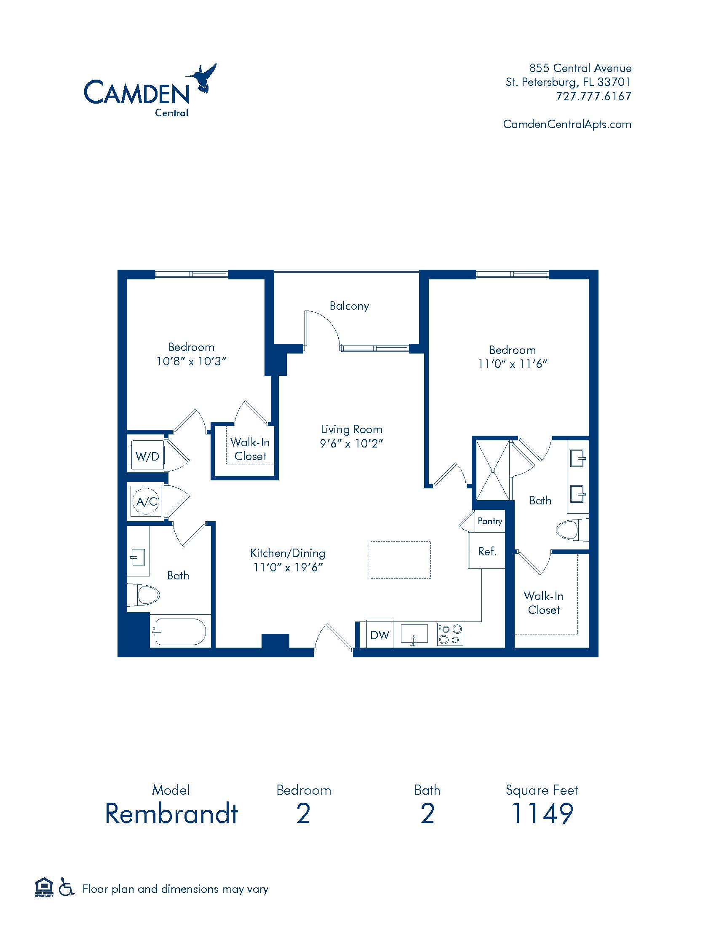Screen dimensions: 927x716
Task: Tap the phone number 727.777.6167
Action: [x=593, y=96]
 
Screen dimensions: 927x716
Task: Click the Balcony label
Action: [x=349, y=306]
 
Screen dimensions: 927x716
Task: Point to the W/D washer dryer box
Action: [x=147, y=456]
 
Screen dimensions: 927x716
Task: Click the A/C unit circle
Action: [x=146, y=502]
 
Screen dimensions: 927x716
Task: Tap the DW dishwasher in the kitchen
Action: [x=379, y=635]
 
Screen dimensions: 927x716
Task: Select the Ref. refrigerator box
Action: [x=487, y=552]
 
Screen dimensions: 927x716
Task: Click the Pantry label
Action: [x=489, y=521]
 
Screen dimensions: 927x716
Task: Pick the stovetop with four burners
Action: [x=450, y=634]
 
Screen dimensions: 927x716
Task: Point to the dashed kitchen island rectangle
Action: [x=400, y=560]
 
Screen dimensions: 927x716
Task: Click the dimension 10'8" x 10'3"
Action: [x=191, y=361]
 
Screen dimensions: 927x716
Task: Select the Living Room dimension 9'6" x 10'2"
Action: [x=351, y=444]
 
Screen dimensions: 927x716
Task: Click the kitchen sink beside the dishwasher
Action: [x=414, y=634]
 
